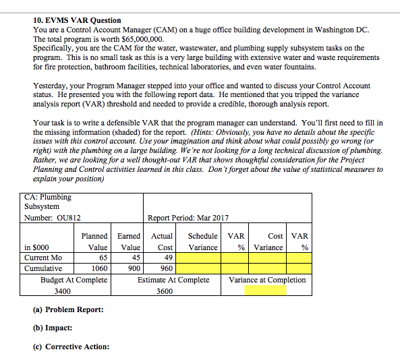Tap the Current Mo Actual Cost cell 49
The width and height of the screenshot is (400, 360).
coord(167,258)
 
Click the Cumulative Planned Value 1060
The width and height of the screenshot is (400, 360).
coord(99,268)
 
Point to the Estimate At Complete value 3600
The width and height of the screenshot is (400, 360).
coord(165,291)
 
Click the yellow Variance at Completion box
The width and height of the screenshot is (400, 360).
coord(265,291)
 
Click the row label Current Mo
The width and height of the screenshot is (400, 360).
coord(43,258)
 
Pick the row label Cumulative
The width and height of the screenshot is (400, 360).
coord(43,268)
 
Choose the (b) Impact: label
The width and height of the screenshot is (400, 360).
coord(53,328)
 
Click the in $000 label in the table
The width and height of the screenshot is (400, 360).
coord(36,247)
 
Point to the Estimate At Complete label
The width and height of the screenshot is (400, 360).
coord(173,280)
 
